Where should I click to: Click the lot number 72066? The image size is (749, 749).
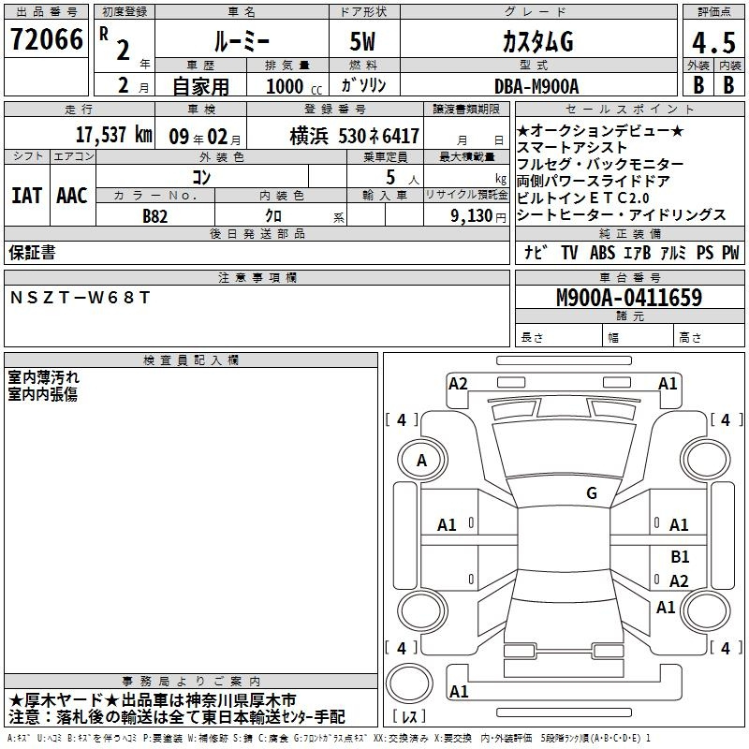[x=47, y=39]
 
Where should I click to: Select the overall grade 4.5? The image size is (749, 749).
[x=713, y=42]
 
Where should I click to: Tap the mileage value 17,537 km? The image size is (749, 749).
[x=113, y=134]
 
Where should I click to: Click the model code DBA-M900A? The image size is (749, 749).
[x=536, y=86]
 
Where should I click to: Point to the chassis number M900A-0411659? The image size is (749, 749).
[x=629, y=298]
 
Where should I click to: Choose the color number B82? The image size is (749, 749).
[x=155, y=216]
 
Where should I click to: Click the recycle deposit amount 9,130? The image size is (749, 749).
[x=472, y=216]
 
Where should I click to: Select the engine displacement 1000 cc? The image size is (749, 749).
[x=294, y=86]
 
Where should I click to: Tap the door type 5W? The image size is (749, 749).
[x=362, y=41]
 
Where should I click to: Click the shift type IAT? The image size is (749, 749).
[x=27, y=196]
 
